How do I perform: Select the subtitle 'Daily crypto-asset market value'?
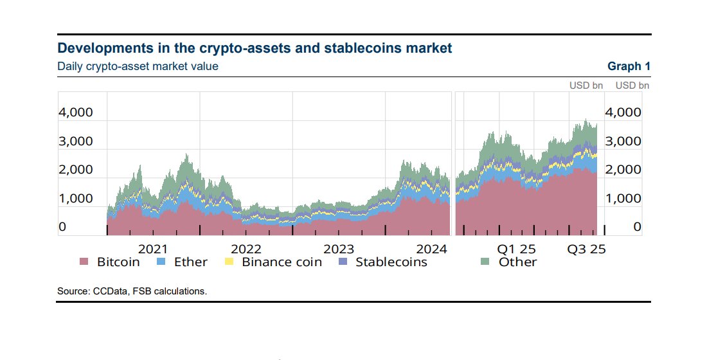click(138, 66)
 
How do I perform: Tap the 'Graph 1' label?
click(629, 66)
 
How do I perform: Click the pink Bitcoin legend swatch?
click(84, 262)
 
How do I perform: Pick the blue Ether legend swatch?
click(162, 262)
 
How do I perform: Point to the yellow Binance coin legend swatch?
click(228, 262)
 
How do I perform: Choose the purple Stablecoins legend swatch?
click(343, 262)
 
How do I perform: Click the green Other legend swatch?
click(487, 262)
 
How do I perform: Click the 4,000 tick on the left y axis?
click(76, 113)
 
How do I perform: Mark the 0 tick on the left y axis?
click(62, 227)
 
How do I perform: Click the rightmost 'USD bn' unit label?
click(632, 85)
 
